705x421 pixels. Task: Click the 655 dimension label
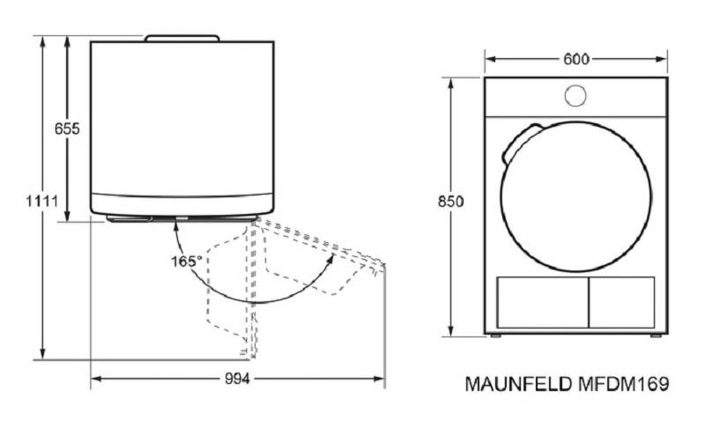pos(67,129)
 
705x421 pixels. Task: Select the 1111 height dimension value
pos(41,201)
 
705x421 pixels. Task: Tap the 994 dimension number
pos(237,380)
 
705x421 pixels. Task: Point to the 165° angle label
pos(186,261)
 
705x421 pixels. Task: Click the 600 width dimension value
pos(576,59)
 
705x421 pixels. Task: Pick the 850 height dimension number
pos(450,202)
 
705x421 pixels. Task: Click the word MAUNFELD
pos(518,384)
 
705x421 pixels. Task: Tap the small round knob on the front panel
pos(575,96)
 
